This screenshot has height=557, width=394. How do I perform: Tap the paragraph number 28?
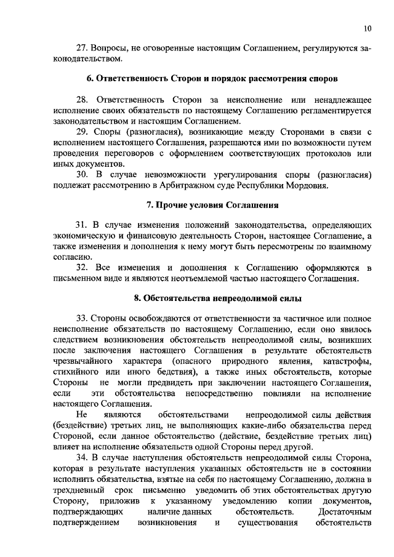click(82, 100)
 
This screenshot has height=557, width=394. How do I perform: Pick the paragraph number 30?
click(82, 174)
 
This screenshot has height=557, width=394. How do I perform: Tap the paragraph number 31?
click(81, 226)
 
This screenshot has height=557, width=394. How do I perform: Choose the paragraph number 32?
click(82, 268)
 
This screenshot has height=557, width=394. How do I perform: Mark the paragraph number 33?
click(82, 319)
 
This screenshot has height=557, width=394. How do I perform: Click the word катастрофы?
click(349, 361)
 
